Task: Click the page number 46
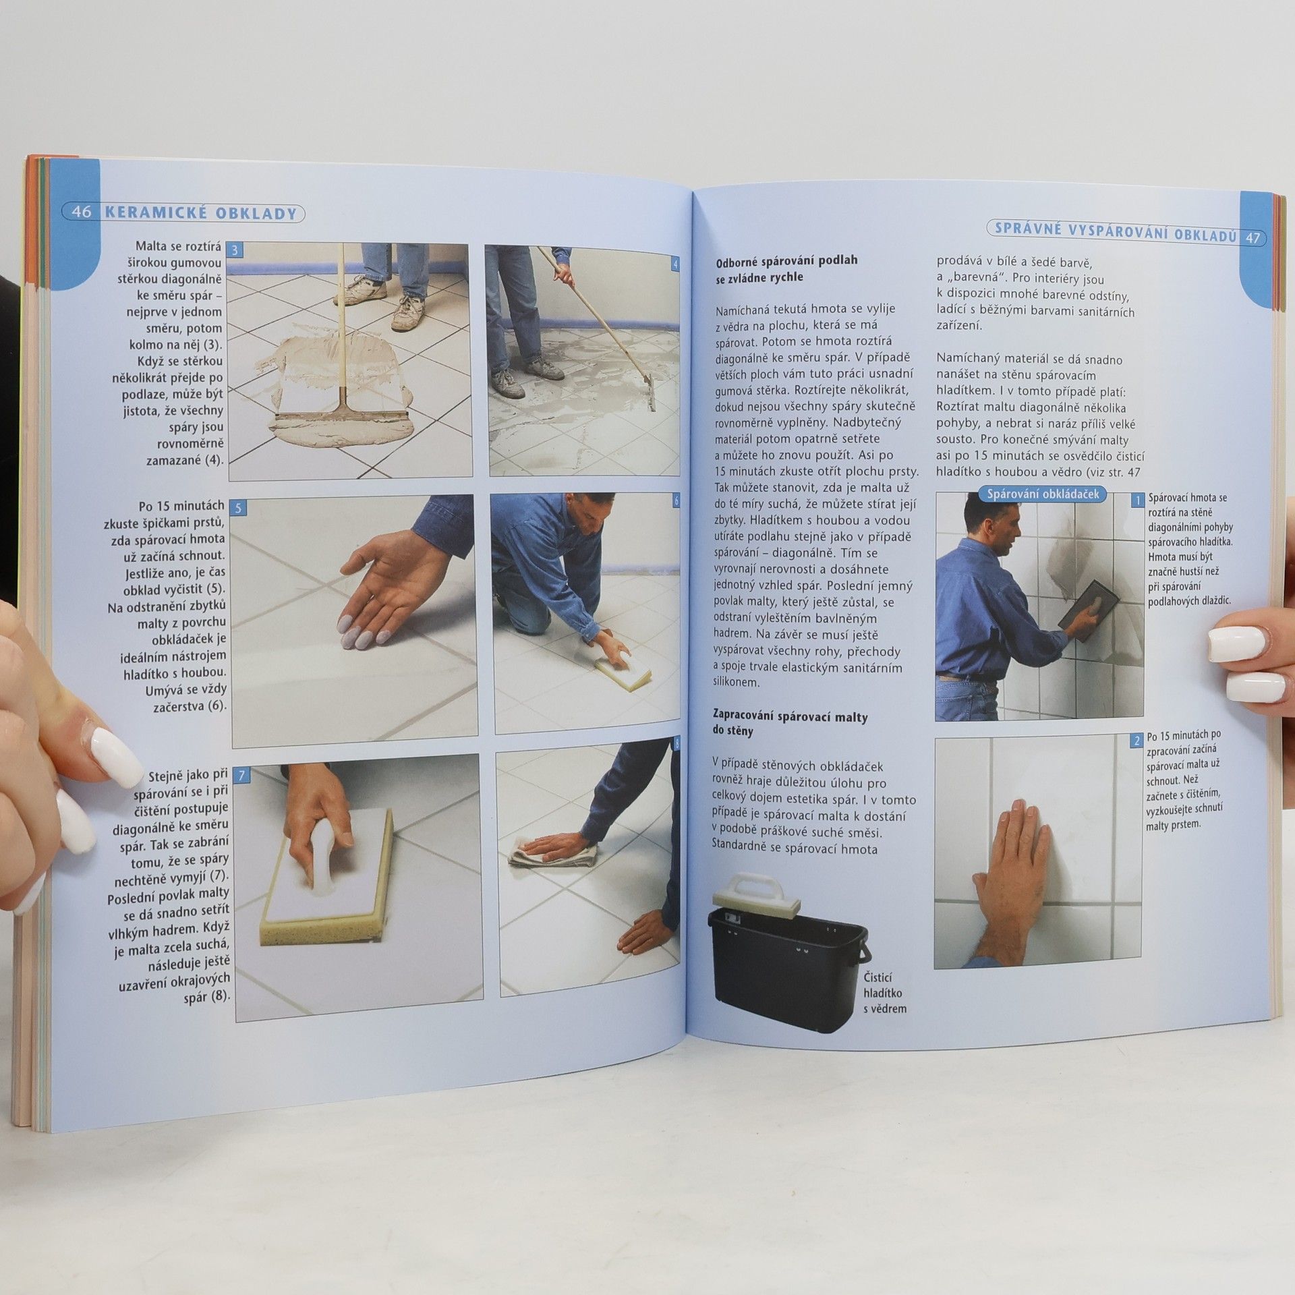click(x=82, y=212)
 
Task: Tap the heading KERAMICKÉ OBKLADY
click(x=201, y=214)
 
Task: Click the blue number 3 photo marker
click(x=234, y=250)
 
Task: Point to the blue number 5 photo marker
click(x=237, y=507)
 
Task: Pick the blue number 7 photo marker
click(x=242, y=775)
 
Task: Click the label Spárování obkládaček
click(x=1043, y=494)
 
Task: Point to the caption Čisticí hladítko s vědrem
click(x=884, y=993)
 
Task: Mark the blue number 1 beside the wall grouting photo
click(x=1137, y=500)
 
